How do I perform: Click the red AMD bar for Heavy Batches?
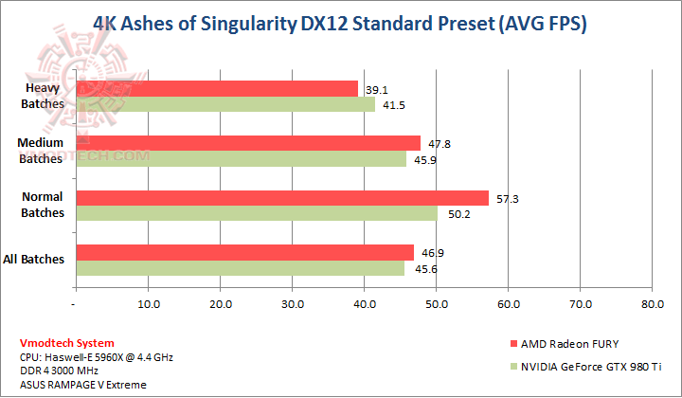(x=216, y=88)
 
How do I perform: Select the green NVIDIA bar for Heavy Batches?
(x=224, y=104)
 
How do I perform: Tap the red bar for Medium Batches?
(x=247, y=143)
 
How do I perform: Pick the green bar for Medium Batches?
(x=241, y=159)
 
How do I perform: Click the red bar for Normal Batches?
(x=281, y=198)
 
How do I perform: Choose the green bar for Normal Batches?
(x=256, y=214)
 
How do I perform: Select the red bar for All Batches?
(x=244, y=252)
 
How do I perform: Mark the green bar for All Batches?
(x=240, y=268)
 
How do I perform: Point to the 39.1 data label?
(x=373, y=89)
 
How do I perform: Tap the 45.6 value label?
(x=421, y=269)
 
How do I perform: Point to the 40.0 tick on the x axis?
(x=364, y=304)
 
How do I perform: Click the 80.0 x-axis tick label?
(x=652, y=304)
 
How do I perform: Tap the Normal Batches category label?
(x=42, y=206)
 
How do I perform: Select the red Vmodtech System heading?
(x=66, y=343)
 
